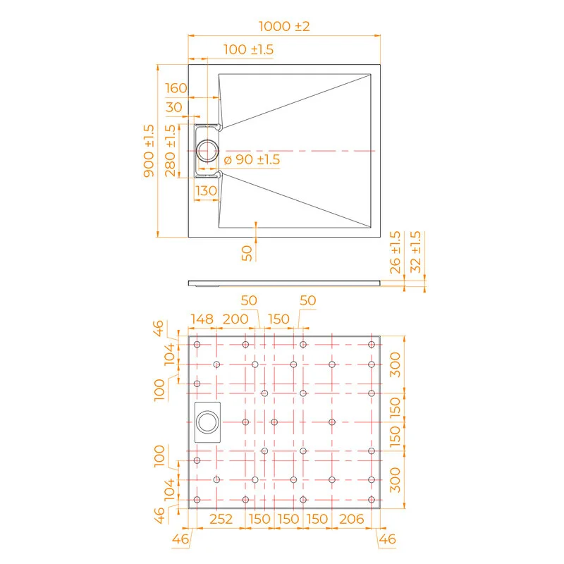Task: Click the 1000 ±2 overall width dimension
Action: coord(284,26)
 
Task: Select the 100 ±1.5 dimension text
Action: coord(248,49)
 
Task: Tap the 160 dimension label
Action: coord(176,88)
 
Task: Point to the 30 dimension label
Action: coord(173,107)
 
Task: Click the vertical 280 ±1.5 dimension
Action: coord(170,151)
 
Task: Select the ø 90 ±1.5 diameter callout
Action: coord(252,160)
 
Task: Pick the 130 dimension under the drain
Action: coord(206,190)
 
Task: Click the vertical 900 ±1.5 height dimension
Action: coord(149,151)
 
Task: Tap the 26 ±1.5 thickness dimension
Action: coord(395,252)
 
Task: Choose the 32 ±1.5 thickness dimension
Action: coord(415,252)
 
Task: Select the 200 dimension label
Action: coord(235,319)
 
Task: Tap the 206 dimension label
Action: coord(350,520)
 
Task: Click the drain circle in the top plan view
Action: coord(208,150)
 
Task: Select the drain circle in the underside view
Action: coord(207,422)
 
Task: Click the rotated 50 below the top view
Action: coord(247,253)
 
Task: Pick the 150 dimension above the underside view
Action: coord(279,319)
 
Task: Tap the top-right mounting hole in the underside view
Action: coord(372,344)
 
